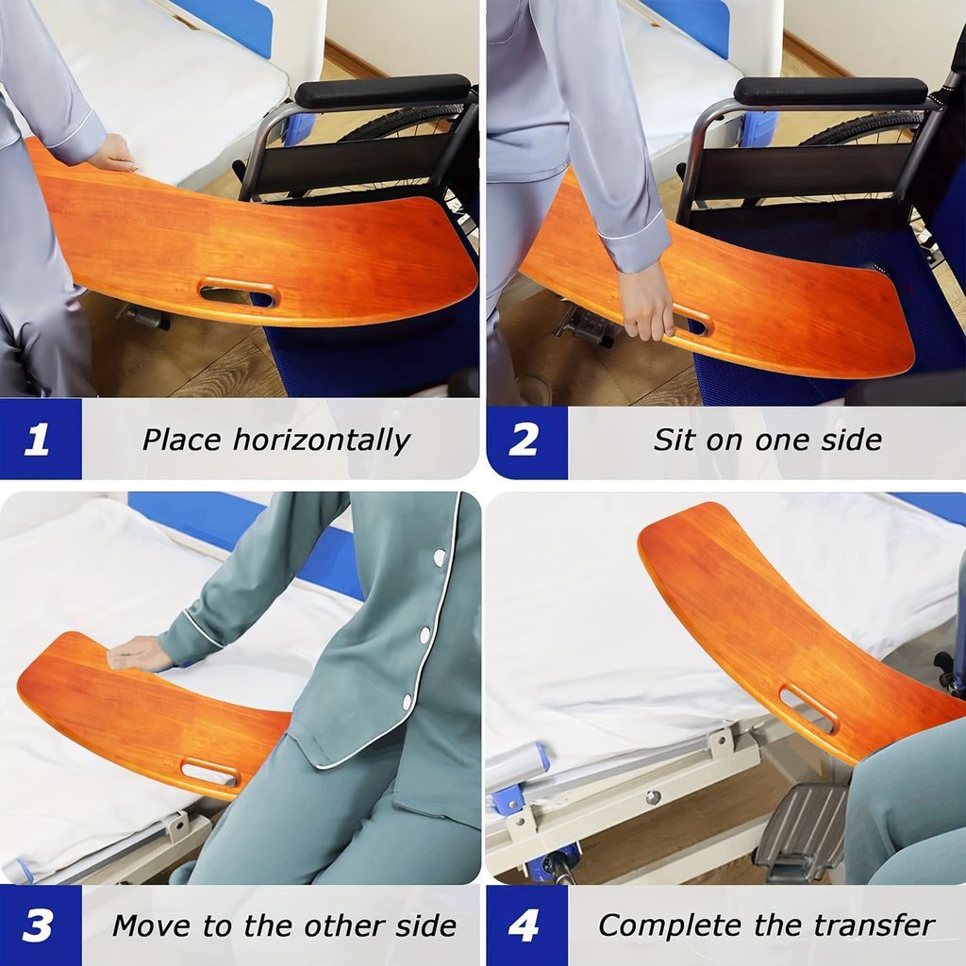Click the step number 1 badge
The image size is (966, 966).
pyautogui.click(x=39, y=440)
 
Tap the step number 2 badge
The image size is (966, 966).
pyautogui.click(x=525, y=440)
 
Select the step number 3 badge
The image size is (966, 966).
pyautogui.click(x=39, y=925)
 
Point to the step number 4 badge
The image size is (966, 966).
pyautogui.click(x=525, y=925)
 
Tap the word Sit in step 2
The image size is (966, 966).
pyautogui.click(x=672, y=440)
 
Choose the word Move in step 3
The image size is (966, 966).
pyautogui.click(x=148, y=925)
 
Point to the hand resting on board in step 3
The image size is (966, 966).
pyautogui.click(x=140, y=654)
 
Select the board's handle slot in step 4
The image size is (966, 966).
pyautogui.click(x=808, y=708)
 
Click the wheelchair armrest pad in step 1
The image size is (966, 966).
pyautogui.click(x=382, y=91)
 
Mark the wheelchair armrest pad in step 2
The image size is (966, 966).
pyautogui.click(x=830, y=91)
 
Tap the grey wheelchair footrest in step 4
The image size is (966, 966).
pyautogui.click(x=801, y=829)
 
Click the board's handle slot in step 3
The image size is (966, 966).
pyautogui.click(x=209, y=772)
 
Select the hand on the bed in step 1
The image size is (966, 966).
pyautogui.click(x=112, y=154)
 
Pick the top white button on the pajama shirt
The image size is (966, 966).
pyautogui.click(x=440, y=558)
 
